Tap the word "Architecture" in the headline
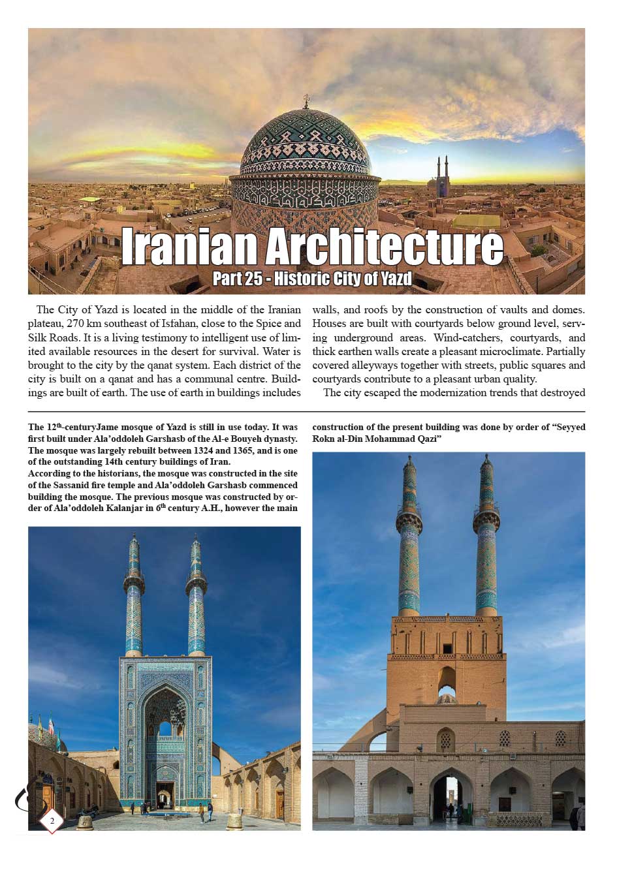pyautogui.click(x=384, y=246)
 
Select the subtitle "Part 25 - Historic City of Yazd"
pyautogui.click(x=312, y=279)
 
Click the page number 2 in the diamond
pyautogui.click(x=52, y=820)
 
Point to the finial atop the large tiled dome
pyautogui.click(x=306, y=102)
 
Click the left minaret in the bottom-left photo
pyautogui.click(x=134, y=597)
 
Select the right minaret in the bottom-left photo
pyautogui.click(x=196, y=597)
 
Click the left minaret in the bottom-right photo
pyautogui.click(x=409, y=535)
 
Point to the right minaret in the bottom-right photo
pyautogui.click(x=486, y=535)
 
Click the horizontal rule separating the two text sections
pyautogui.click(x=306, y=412)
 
